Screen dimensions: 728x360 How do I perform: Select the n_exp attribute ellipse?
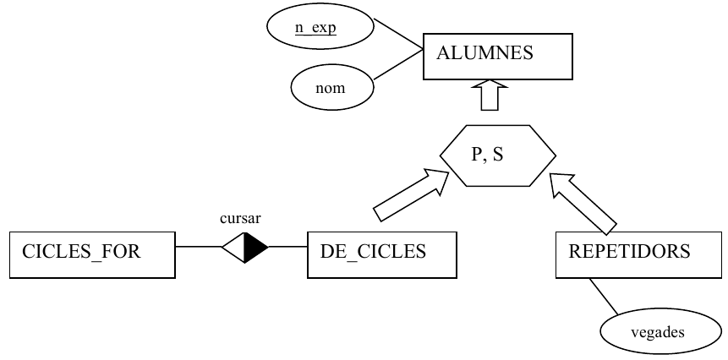(320, 26)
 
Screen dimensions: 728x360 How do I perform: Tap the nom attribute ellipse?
(332, 87)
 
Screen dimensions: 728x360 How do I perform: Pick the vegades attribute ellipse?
(660, 332)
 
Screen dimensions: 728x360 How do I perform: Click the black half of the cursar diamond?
(255, 248)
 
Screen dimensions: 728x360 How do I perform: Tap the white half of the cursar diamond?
(235, 248)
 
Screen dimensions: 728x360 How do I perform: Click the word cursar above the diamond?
(240, 218)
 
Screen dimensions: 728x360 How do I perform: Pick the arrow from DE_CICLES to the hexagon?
(412, 195)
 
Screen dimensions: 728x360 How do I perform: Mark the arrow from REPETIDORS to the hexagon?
(583, 203)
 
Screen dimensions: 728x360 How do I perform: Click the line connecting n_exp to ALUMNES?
(398, 34)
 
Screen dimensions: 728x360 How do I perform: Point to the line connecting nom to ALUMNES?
(398, 64)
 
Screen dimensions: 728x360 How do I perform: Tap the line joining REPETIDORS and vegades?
(604, 297)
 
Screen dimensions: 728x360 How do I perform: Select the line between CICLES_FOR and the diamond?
(199, 247)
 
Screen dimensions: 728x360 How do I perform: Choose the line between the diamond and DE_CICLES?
(287, 247)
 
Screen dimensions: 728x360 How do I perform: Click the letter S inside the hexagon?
(498, 155)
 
